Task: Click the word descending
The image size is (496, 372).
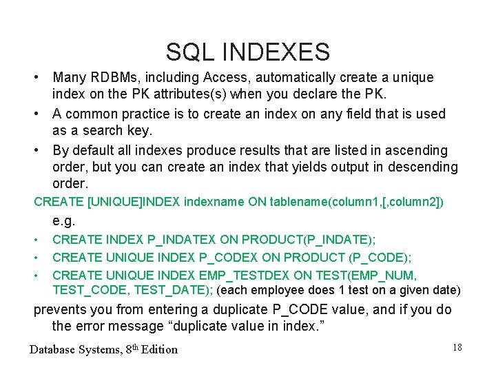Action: point(420,167)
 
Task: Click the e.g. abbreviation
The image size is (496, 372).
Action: point(64,221)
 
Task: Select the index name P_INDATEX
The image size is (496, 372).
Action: point(181,240)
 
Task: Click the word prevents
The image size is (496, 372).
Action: point(63,309)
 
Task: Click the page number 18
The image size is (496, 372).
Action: point(457,347)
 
